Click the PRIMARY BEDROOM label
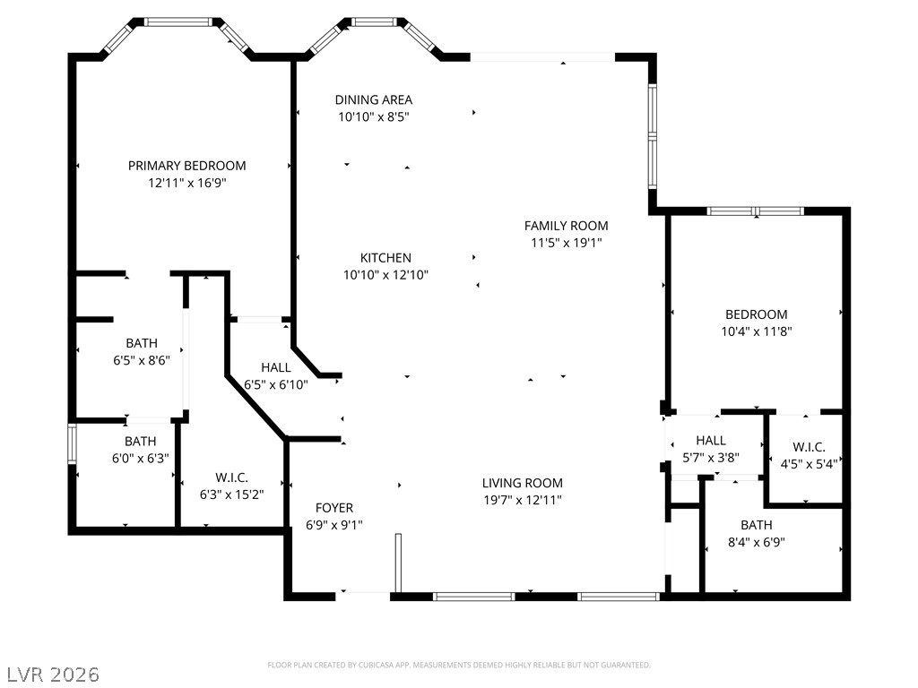point(186,166)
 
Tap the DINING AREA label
point(374,100)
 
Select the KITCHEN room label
point(385,257)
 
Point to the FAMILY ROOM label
point(567,226)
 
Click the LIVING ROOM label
point(523,483)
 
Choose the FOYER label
point(334,508)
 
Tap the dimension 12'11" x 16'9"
point(187,183)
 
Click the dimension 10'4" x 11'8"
point(757,331)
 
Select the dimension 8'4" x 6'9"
point(757,542)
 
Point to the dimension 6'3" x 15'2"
point(232,494)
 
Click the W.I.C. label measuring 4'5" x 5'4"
point(810,448)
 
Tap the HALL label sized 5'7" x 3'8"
point(711,441)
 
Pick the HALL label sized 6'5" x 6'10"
point(276,367)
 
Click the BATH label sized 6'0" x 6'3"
point(141,442)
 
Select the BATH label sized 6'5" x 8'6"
point(142,343)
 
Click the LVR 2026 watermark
point(50,675)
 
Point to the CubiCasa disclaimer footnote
point(459,666)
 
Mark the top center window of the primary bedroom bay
point(178,22)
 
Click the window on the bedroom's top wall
point(755,211)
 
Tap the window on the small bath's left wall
point(72,444)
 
